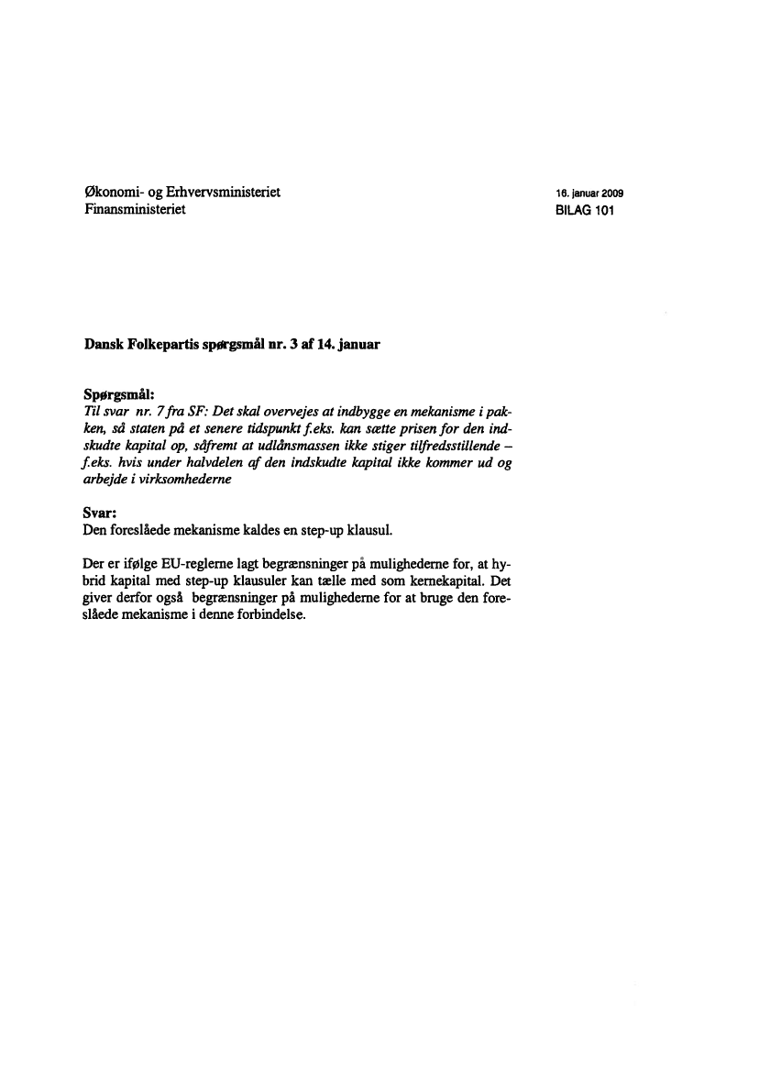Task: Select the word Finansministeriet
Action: pyautogui.click(x=135, y=210)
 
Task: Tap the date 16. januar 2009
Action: pyautogui.click(x=588, y=194)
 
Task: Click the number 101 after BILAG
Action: pyautogui.click(x=601, y=211)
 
